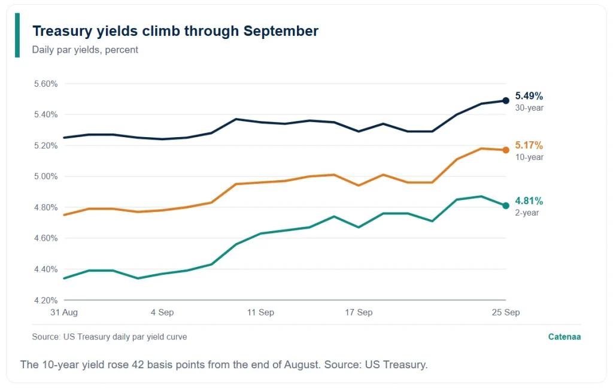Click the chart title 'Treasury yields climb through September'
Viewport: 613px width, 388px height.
(x=175, y=31)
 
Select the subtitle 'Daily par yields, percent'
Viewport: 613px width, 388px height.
(x=85, y=50)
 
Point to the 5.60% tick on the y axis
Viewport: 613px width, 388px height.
(x=45, y=84)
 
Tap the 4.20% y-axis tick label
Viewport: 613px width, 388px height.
(x=45, y=301)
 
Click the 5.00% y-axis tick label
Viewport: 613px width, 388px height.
(x=45, y=177)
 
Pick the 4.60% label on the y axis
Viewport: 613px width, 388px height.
(x=45, y=238)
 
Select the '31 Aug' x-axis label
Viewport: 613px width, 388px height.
(x=64, y=312)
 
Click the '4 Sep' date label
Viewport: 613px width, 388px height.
(x=162, y=312)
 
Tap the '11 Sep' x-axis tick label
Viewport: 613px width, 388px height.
(x=260, y=312)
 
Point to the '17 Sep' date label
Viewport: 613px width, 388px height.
(x=359, y=312)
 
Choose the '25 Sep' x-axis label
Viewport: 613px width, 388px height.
(x=506, y=312)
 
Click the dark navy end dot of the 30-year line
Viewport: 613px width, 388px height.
(x=506, y=101)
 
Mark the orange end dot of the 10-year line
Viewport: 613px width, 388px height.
(x=506, y=150)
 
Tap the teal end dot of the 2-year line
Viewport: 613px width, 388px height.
(x=506, y=206)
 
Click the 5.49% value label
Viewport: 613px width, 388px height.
(x=529, y=96)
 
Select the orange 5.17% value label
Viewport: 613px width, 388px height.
(x=529, y=145)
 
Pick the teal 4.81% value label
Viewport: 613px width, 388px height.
(x=529, y=201)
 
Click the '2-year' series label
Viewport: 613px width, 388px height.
(x=527, y=213)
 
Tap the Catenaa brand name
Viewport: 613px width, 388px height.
(x=565, y=337)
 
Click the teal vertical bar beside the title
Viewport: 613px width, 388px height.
(x=17, y=35)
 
